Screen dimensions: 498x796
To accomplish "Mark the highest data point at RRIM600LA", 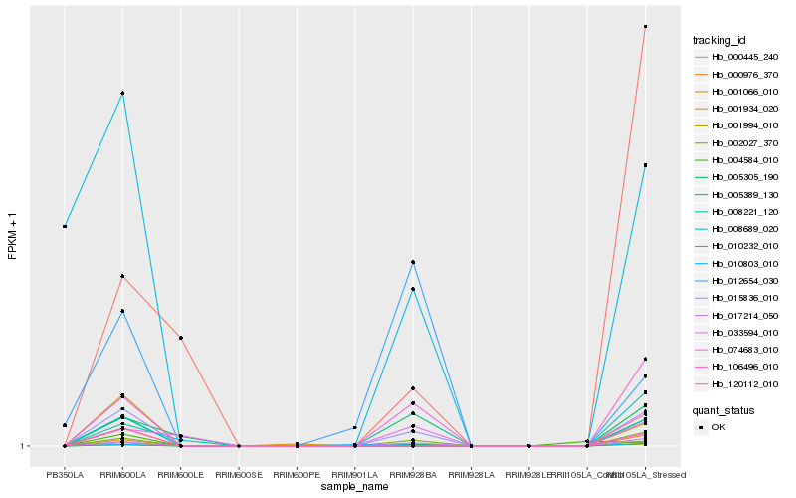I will pyautogui.click(x=122, y=93).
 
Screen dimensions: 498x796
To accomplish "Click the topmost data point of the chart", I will pyautogui.click(x=645, y=27).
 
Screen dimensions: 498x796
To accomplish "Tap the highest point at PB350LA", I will pyautogui.click(x=65, y=227).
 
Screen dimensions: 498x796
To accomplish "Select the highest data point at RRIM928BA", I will pyautogui.click(x=413, y=262).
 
